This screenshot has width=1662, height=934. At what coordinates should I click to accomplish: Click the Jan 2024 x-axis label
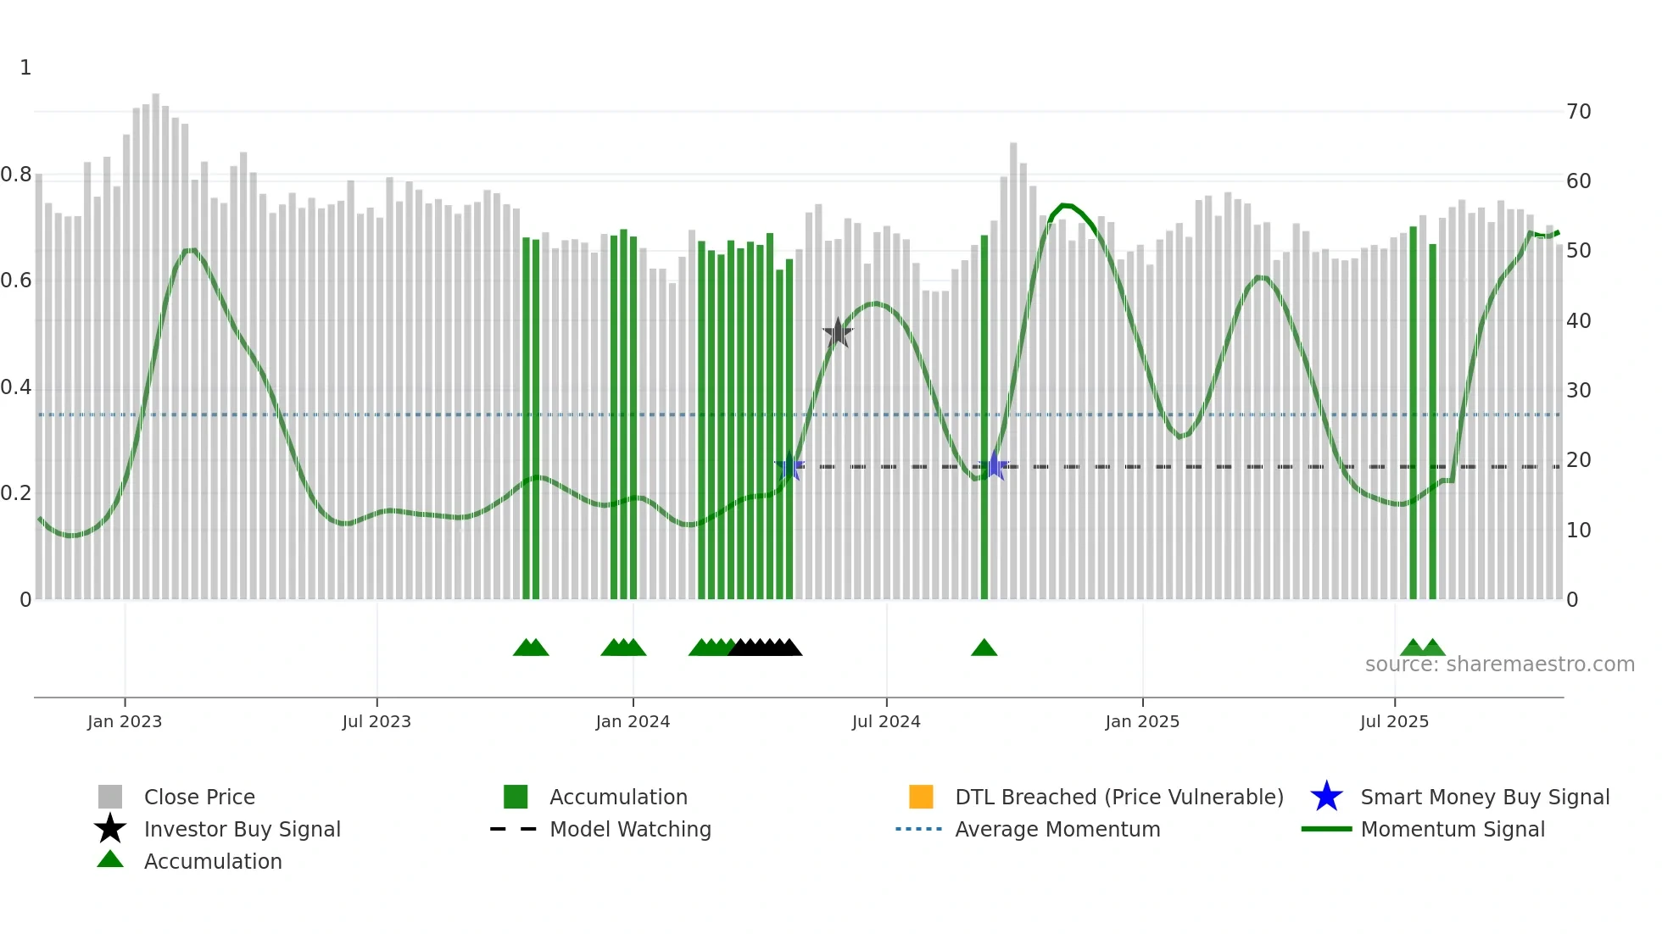[633, 721]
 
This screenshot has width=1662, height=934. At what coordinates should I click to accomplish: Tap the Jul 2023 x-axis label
[376, 721]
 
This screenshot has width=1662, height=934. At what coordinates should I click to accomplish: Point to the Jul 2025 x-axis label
[1394, 721]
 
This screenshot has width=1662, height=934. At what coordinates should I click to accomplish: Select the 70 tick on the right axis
[1578, 112]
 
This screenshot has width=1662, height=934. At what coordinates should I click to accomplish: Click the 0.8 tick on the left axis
[16, 175]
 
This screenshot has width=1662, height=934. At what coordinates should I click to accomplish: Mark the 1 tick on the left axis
[25, 68]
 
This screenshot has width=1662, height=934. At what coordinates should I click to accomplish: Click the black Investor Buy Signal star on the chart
[838, 333]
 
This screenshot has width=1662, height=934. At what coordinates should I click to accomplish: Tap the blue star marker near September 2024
[994, 466]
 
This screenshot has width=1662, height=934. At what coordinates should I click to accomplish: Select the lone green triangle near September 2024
[984, 648]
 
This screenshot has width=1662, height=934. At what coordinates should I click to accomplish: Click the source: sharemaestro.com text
[1499, 664]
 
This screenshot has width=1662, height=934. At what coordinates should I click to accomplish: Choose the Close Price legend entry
[198, 797]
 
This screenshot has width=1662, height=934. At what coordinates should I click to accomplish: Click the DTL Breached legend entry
[1118, 797]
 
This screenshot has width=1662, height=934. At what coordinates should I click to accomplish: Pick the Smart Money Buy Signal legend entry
[1484, 797]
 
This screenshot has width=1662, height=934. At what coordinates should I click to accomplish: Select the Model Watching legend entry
[629, 829]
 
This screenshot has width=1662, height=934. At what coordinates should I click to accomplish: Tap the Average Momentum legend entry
[1057, 829]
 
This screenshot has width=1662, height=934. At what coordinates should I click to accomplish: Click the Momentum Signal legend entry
[1452, 829]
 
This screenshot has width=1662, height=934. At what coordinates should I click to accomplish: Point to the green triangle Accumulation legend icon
[110, 859]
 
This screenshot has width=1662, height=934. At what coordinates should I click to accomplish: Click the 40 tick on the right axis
[1578, 321]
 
